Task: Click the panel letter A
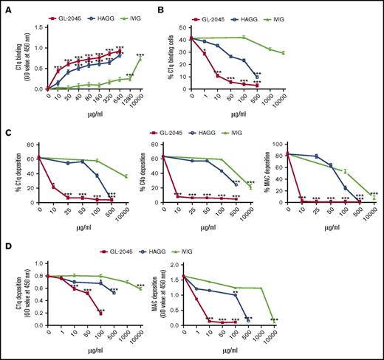(x=6, y=6)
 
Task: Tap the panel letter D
(x=6, y=246)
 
